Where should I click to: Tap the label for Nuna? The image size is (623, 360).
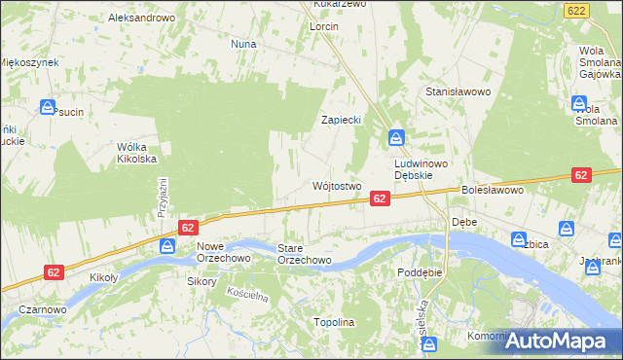tap(242, 44)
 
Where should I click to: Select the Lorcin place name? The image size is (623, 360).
tap(324, 26)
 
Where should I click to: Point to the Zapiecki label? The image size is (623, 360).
tap(343, 120)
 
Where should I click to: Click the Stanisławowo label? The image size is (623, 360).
tap(456, 91)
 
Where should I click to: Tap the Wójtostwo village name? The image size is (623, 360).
tap(337, 185)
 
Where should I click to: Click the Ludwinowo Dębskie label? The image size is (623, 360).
tap(420, 170)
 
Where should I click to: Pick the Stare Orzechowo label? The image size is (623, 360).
tap(305, 254)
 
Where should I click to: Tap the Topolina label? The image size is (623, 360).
tap(334, 322)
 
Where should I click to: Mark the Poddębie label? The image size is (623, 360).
tap(420, 272)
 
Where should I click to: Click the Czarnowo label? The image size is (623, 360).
tap(42, 309)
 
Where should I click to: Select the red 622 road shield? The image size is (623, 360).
tap(576, 9)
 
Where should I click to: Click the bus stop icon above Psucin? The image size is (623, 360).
tap(47, 107)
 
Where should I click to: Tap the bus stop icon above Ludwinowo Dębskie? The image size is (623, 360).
tap(396, 137)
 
